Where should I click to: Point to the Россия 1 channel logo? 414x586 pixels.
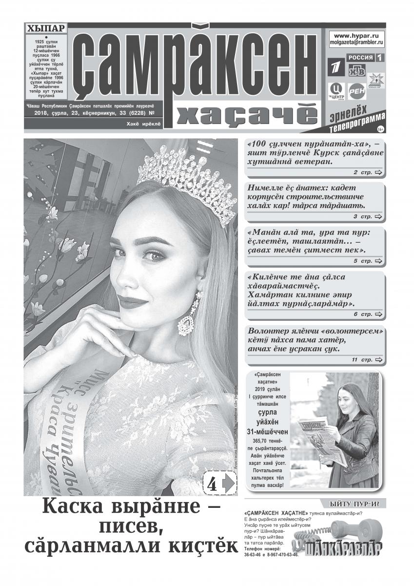click(x=364, y=58)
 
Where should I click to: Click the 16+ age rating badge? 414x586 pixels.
click(x=379, y=129)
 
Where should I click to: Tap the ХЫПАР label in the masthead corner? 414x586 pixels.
click(x=45, y=29)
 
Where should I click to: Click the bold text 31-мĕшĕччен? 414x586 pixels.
click(x=268, y=432)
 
